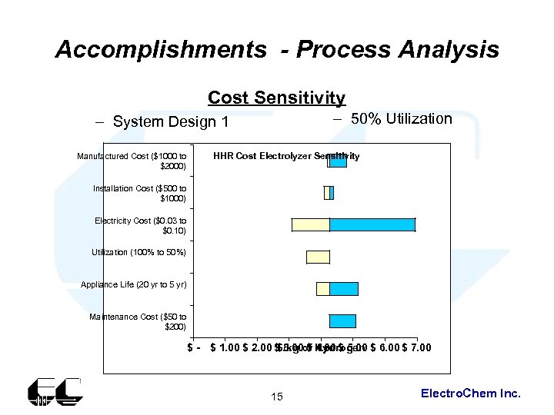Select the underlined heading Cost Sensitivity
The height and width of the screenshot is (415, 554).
coord(276,98)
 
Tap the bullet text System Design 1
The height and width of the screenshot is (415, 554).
coord(171,121)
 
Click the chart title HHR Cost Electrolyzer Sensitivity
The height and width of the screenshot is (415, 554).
coord(286,156)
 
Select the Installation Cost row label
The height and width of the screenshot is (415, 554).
coord(139,193)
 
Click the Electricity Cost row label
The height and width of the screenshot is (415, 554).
coord(140,225)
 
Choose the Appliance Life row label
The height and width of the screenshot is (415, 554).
coord(134,284)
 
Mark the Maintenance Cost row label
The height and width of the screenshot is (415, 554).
coord(138,321)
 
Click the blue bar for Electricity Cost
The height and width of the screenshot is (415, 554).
coord(372,224)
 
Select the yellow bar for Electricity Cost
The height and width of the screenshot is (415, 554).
coord(310,224)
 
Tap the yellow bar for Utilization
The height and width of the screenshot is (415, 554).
coord(318,257)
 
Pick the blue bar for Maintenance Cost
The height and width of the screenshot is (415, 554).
coord(342,321)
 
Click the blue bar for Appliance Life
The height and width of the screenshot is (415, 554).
coord(344,289)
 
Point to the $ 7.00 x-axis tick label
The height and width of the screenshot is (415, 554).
coord(416,347)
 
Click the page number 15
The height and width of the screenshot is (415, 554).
coord(277,397)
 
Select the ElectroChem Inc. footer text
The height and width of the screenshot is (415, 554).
coord(471,393)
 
